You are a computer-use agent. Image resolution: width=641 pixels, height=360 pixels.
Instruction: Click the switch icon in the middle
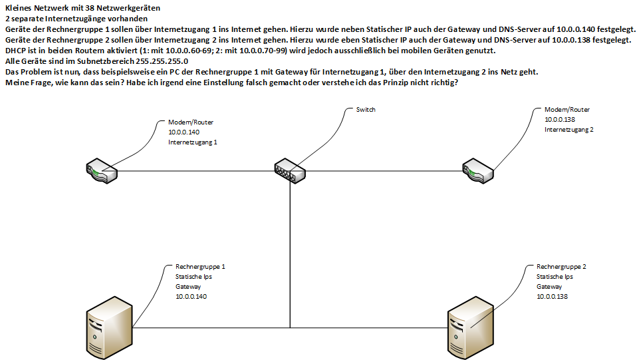click(x=290, y=171)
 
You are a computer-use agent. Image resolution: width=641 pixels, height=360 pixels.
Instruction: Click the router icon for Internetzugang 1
click(x=102, y=171)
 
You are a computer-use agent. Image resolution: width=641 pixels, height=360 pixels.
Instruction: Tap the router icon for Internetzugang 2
click(x=478, y=171)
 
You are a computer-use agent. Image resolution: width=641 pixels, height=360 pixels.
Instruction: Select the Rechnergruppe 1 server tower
click(x=110, y=327)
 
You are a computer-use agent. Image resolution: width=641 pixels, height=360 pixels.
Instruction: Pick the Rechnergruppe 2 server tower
click(x=471, y=327)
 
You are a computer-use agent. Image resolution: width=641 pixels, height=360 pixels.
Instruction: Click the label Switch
click(x=366, y=110)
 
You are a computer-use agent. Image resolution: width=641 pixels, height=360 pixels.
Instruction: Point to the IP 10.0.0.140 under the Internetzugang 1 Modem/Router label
click(x=184, y=132)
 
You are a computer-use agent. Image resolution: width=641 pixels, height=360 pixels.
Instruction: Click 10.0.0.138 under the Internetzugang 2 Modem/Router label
click(x=560, y=120)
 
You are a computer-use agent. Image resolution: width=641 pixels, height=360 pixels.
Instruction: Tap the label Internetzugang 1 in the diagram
click(x=193, y=142)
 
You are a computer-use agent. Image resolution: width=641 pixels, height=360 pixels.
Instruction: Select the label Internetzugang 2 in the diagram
click(x=569, y=130)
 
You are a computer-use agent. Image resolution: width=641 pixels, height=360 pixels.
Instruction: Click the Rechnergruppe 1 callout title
click(x=200, y=267)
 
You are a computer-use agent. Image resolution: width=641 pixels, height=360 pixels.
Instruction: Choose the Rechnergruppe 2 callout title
click(x=561, y=267)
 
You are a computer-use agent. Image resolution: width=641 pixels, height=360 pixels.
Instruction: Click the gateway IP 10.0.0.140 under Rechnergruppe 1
click(x=191, y=297)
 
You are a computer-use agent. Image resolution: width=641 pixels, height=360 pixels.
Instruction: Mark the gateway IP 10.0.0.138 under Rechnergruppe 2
click(x=552, y=297)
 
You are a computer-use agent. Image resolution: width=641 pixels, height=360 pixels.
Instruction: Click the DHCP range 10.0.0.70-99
click(x=263, y=51)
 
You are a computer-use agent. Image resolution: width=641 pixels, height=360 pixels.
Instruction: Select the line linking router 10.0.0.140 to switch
click(x=195, y=171)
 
